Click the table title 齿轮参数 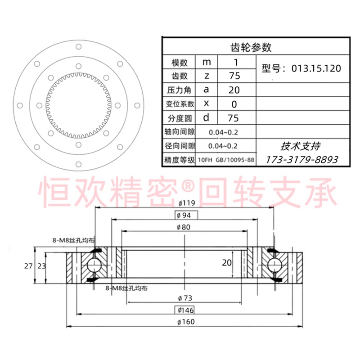[x=254, y=47]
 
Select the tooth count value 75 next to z [x=234, y=76]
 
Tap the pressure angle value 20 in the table [x=234, y=90]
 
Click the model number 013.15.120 [x=316, y=69]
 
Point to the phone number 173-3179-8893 [x=302, y=159]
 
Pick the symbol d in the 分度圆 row [x=206, y=118]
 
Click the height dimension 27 [x=28, y=266]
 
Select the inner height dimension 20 [x=227, y=262]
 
